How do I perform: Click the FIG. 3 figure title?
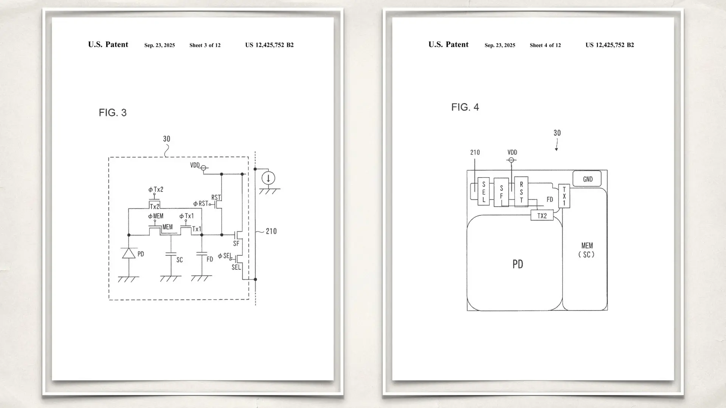point(113,113)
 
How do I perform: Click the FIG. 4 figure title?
point(465,107)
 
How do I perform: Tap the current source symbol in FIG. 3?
point(268,178)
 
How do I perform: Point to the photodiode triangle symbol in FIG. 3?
point(129,253)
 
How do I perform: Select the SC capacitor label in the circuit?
point(180,260)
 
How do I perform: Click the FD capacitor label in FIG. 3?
point(210,259)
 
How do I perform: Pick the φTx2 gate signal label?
point(156,190)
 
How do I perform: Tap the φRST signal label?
point(201,204)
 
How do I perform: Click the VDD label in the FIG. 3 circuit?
point(195,165)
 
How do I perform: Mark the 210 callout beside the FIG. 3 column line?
point(271,231)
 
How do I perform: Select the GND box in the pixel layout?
point(587,179)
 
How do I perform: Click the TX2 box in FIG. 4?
point(542,216)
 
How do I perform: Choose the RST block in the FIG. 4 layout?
point(521,192)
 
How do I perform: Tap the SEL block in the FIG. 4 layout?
point(484,192)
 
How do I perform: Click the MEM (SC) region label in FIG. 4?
point(587,250)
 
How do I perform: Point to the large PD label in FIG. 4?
point(518,264)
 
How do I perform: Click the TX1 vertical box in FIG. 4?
point(564,196)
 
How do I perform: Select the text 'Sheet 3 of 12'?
point(205,45)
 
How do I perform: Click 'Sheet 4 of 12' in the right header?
point(545,45)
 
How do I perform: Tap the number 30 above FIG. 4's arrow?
point(557,133)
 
